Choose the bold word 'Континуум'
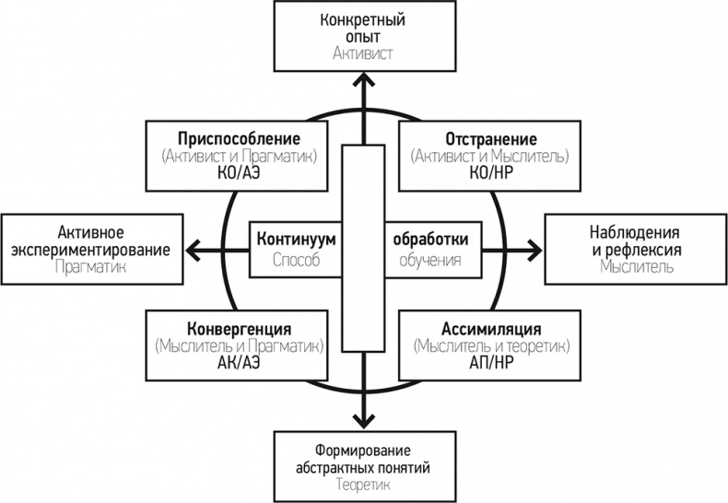coord(295,240)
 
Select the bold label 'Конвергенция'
coord(240,329)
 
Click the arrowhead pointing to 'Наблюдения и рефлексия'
coord(534,248)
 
